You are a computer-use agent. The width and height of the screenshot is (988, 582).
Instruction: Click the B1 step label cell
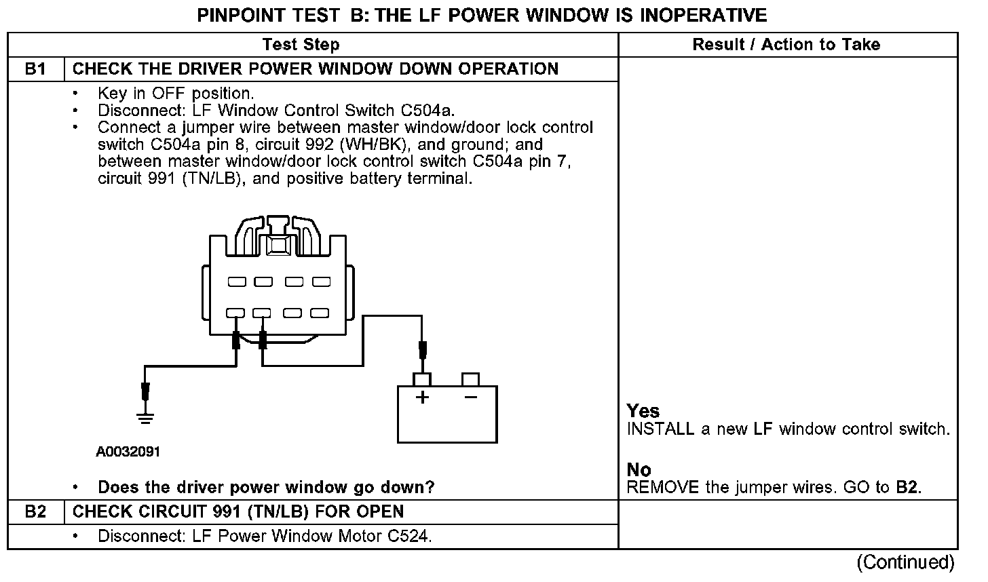35,69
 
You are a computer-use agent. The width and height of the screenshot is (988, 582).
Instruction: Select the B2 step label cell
35,511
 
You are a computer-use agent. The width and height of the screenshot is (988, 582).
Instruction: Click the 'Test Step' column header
301,45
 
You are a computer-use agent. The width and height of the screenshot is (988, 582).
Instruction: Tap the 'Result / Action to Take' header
786,45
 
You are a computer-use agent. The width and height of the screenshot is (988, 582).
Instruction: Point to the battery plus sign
422,397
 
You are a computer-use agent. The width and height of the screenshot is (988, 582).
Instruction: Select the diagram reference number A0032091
128,452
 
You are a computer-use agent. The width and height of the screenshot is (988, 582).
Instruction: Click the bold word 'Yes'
643,411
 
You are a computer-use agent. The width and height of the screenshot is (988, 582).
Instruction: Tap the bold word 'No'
639,469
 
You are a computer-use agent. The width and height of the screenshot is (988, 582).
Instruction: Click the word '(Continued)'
905,562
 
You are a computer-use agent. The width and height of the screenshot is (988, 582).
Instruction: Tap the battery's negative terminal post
470,379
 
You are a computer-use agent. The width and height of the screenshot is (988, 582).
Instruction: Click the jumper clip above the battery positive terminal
422,350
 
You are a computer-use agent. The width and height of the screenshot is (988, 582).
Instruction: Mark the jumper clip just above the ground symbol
145,391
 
